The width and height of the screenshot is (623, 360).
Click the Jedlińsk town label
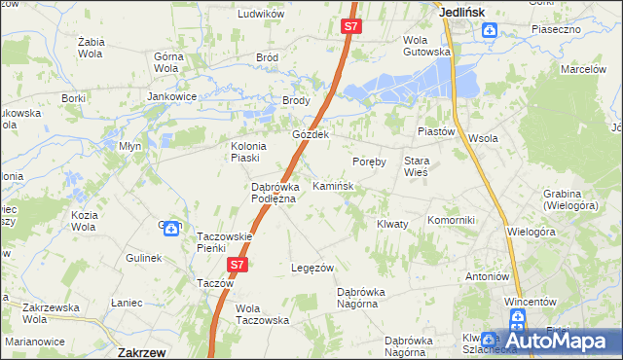462,12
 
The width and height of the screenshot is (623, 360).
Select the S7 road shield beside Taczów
238,264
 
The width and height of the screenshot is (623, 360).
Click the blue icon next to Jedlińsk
489,31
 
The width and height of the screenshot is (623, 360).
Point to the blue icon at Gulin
171,229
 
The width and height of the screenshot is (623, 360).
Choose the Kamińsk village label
332,185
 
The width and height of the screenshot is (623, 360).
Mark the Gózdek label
312,134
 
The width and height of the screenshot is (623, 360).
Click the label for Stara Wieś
417,165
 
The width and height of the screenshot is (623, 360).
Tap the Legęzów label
313,268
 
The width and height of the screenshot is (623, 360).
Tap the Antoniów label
489,275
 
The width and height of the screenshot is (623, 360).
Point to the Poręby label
369,162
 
